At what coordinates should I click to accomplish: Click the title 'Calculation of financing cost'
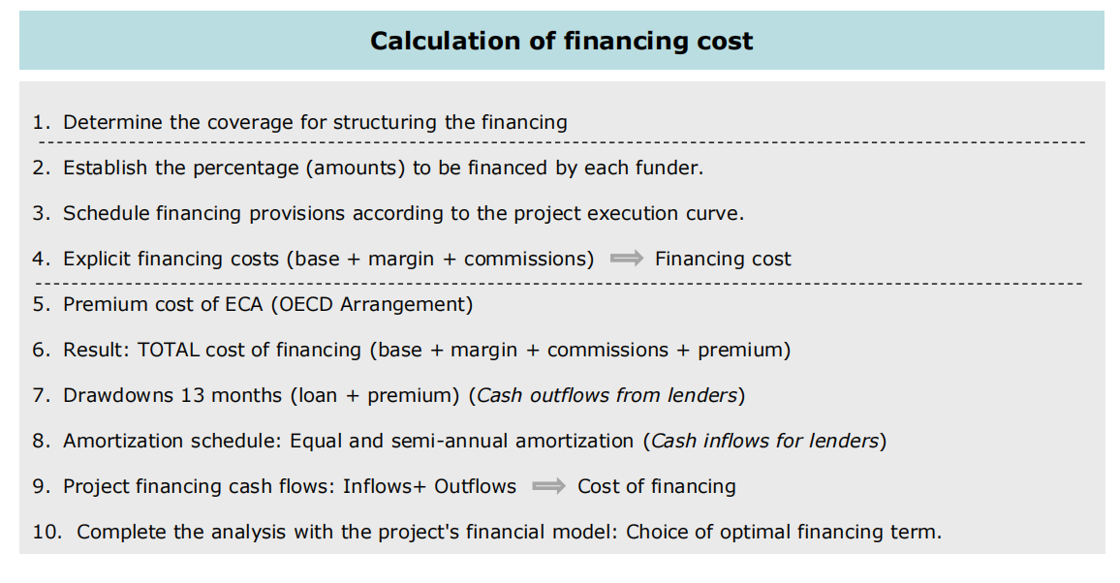pos(561,42)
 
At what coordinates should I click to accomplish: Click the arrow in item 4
pos(626,259)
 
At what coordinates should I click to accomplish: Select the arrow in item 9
pos(548,486)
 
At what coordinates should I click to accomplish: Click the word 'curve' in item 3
pos(716,213)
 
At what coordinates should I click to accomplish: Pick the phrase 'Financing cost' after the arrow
pos(723,259)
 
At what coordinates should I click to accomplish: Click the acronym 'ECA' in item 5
pos(243,304)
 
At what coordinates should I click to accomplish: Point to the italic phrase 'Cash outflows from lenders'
pos(607,395)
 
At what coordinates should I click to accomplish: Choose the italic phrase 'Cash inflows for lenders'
pos(764,441)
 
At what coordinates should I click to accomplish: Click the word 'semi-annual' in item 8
pos(449,441)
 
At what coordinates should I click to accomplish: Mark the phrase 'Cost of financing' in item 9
pos(657,486)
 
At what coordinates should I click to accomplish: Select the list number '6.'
pos(41,350)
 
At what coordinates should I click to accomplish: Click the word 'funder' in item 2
pos(671,168)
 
